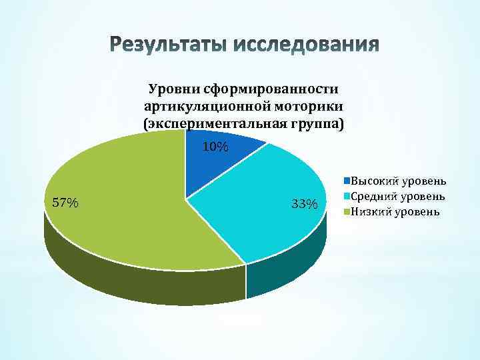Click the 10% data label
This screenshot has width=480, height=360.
click(215, 146)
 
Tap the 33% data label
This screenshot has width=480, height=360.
click(304, 203)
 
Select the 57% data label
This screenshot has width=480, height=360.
click(65, 203)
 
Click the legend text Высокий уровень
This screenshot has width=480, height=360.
click(399, 181)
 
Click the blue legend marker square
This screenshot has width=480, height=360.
click(347, 181)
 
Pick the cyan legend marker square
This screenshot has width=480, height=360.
click(347, 197)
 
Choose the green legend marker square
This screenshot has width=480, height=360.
click(347, 212)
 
